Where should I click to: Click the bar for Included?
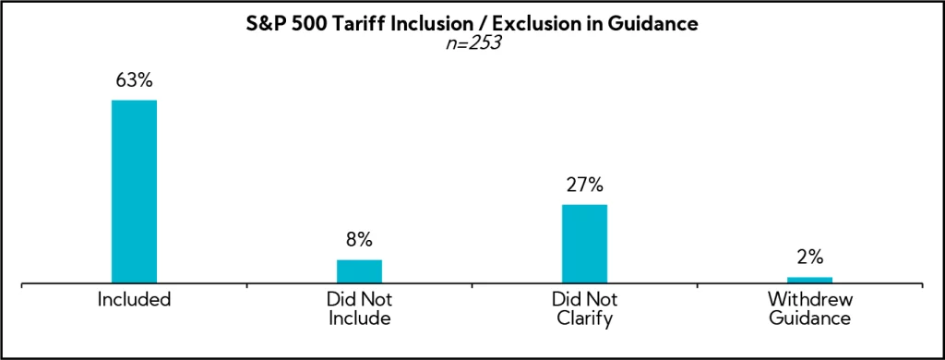tap(134, 191)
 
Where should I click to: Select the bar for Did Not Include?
tap(359, 271)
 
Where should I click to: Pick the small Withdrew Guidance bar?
tap(809, 280)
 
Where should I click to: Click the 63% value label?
tap(134, 80)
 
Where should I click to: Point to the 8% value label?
tap(359, 240)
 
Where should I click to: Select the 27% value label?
tap(584, 185)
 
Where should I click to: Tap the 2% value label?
tap(809, 258)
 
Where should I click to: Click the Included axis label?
tap(134, 300)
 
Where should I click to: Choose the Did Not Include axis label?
tap(359, 309)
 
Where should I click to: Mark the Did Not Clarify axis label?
tap(584, 309)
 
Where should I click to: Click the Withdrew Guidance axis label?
tap(809, 309)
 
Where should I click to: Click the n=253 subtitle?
tap(472, 42)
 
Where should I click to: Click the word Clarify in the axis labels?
tap(584, 319)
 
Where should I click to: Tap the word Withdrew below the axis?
tap(809, 300)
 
